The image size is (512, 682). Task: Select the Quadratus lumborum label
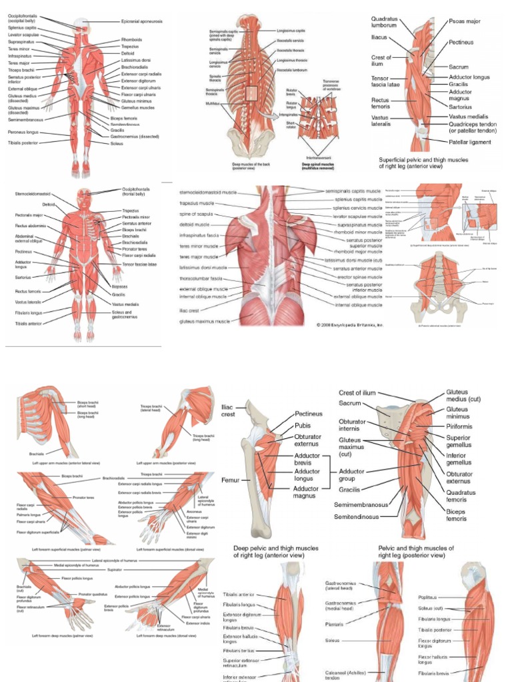pos(384,22)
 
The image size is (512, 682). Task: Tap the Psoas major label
pos(465,21)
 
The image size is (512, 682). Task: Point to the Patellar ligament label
pos(471,142)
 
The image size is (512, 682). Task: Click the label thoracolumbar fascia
pos(201,278)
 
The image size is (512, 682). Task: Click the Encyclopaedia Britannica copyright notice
pos(349,326)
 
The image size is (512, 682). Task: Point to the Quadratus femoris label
pos(461,497)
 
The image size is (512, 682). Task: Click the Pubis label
pos(303,426)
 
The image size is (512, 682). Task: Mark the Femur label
pos(231,479)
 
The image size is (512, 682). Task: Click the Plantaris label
pos(335,624)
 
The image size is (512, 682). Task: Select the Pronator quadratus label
pos(93,593)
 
